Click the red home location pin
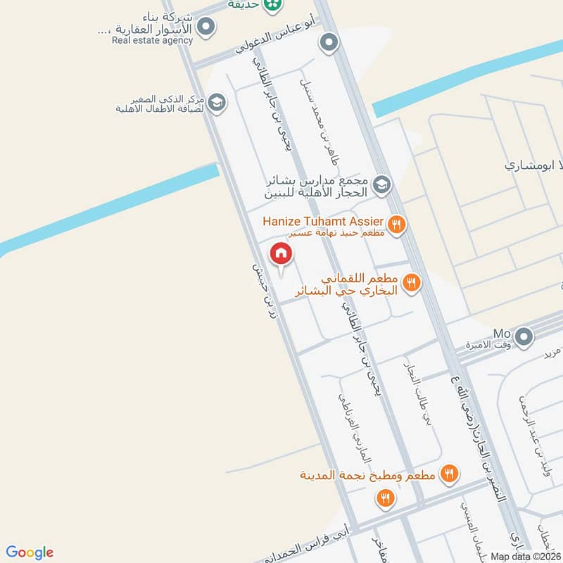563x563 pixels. point(281,254)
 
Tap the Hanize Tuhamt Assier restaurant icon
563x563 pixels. point(397,224)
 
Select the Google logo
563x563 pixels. point(30,552)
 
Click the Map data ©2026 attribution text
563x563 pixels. point(526,556)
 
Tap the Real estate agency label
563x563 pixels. point(152,40)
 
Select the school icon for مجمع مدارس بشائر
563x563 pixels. point(381,184)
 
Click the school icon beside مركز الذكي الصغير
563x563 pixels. point(217,103)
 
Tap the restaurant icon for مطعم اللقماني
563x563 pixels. point(412,283)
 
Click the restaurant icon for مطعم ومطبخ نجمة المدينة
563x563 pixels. point(449,474)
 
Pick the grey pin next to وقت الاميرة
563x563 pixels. point(523,338)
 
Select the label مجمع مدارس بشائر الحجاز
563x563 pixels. point(317,186)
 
